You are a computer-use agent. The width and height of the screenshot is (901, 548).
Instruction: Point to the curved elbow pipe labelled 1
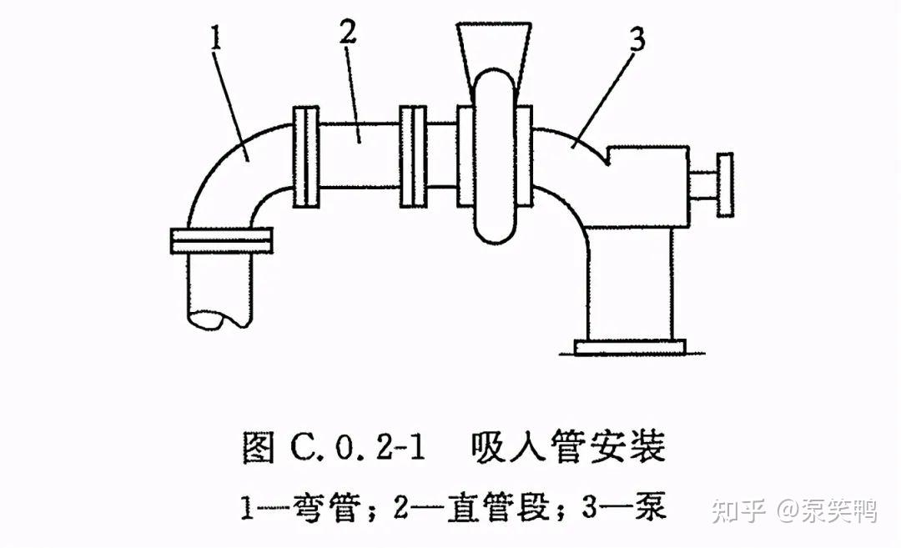[242, 167]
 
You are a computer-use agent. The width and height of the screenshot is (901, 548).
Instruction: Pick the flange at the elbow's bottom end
[221, 240]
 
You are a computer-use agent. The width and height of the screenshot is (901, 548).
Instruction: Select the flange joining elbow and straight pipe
[307, 157]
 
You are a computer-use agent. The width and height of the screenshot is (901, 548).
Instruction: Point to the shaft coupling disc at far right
[724, 184]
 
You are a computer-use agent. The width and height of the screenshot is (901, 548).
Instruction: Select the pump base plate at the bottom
[631, 344]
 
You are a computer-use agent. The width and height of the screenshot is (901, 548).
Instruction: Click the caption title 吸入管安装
[566, 448]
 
